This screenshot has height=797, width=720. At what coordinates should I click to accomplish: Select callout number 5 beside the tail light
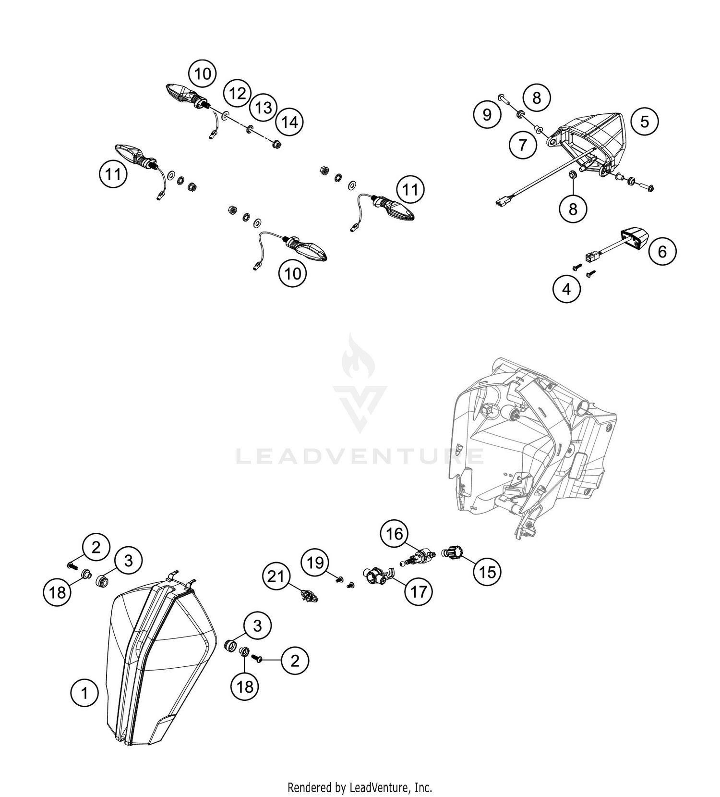(x=644, y=121)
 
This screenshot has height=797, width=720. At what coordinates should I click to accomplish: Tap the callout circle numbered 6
(x=662, y=251)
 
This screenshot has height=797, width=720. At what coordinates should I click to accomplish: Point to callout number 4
(x=566, y=289)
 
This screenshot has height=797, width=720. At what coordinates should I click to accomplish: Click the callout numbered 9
(x=487, y=114)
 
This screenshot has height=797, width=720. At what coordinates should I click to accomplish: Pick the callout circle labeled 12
(x=237, y=93)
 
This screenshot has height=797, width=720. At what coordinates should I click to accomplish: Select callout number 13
(x=264, y=108)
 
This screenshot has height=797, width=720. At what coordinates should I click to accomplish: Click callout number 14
(x=289, y=122)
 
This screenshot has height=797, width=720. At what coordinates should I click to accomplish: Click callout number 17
(x=418, y=591)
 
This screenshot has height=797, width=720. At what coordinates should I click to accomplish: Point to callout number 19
(x=315, y=562)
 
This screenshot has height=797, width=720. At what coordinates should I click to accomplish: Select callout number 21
(x=276, y=576)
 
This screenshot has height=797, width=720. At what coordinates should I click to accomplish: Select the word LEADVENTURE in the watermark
(x=360, y=456)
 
